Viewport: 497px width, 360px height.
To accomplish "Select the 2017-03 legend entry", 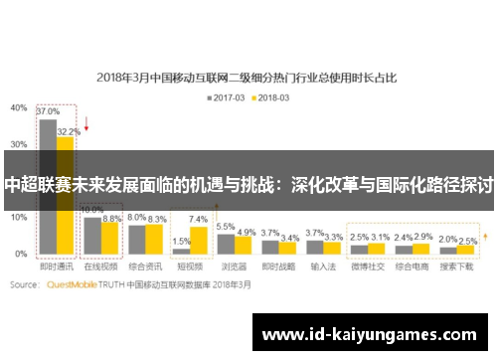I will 227,97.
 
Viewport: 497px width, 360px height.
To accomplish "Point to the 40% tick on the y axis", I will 19,106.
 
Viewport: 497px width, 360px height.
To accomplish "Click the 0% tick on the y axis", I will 22,255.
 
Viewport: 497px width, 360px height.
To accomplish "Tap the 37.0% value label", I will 47,112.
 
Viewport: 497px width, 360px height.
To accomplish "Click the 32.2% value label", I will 69,130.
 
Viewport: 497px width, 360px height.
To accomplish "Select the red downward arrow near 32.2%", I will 87,125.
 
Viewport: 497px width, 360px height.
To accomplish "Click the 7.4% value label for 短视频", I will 198,219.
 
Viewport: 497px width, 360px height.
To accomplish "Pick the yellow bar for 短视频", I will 198,240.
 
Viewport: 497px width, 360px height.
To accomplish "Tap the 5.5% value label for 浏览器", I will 226,227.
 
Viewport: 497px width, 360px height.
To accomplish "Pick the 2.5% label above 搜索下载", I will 467,240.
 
